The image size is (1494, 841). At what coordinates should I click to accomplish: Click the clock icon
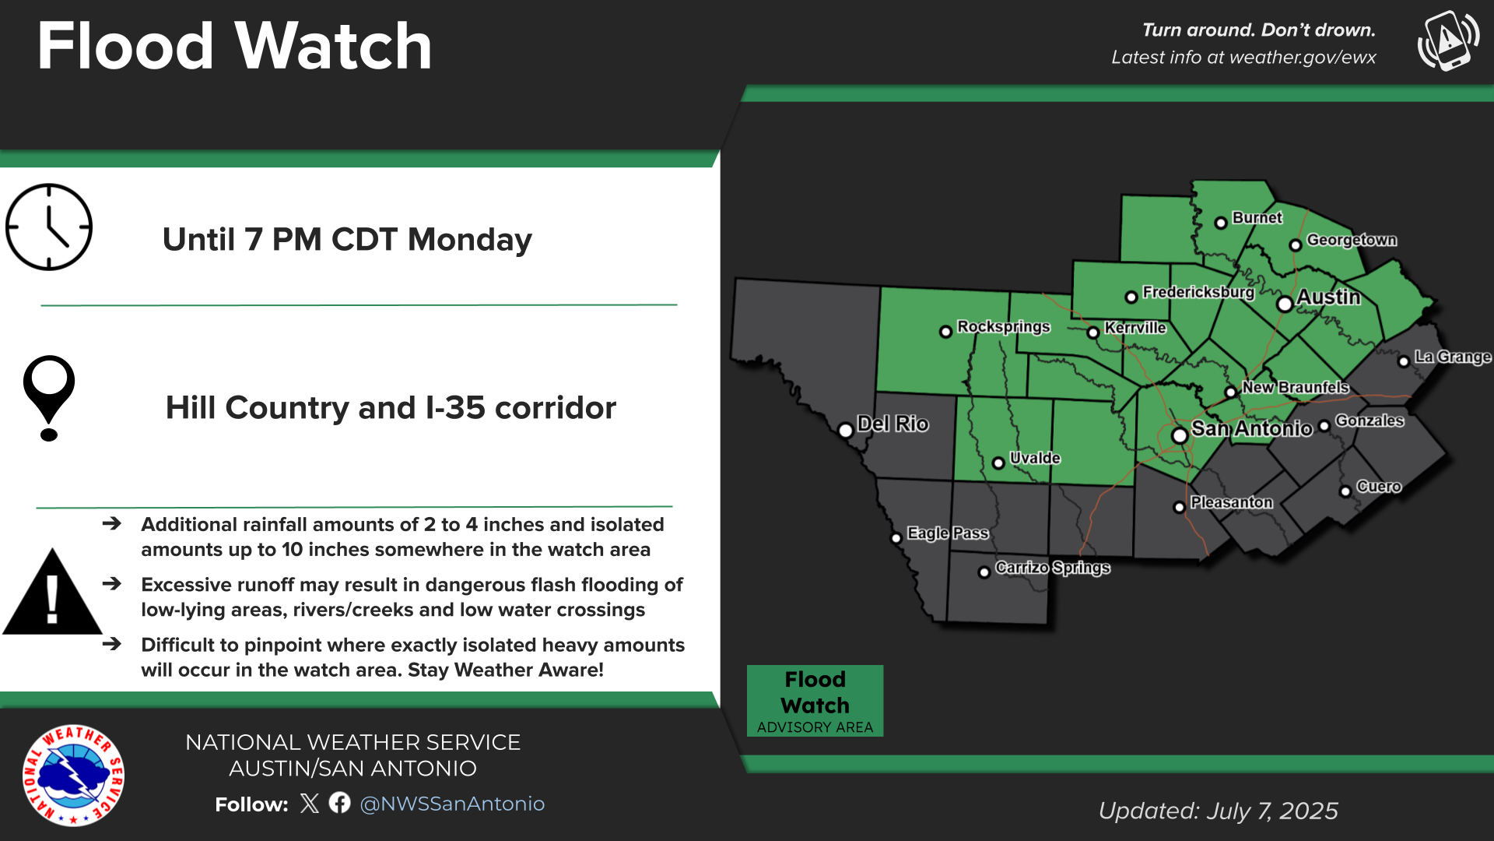coord(49,227)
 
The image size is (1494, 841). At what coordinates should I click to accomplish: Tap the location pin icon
coord(49,397)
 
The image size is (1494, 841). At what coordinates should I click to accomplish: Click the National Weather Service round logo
coord(73,776)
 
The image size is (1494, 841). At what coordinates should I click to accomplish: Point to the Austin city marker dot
coord(1285,304)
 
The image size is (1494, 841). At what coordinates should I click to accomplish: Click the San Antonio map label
coord(1251,429)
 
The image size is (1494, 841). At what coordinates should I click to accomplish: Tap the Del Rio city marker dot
coord(846,430)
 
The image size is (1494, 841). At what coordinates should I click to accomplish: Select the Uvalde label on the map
coord(1035,458)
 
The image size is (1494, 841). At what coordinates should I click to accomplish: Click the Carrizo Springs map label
coord(1052,568)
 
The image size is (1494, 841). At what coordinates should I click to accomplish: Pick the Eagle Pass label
coord(948,533)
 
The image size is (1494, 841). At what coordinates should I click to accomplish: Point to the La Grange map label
coord(1452,357)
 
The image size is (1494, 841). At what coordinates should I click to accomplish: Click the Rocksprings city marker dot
coord(945,332)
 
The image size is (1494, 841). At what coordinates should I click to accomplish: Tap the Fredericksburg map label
coord(1198,292)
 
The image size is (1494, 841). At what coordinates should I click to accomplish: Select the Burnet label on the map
coord(1257,218)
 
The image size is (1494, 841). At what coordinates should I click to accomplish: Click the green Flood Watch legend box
coord(815,700)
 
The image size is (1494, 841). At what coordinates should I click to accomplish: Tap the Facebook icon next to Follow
coord(339,803)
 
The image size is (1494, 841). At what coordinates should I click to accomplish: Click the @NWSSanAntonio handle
coord(452,804)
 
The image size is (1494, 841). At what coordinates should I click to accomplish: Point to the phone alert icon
coord(1448,40)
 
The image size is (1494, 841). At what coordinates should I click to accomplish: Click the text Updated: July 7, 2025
coord(1218,811)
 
